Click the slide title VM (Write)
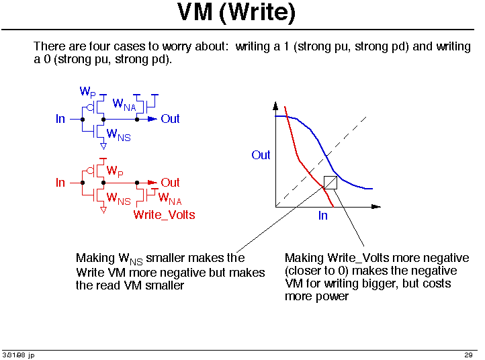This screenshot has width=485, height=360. point(236,12)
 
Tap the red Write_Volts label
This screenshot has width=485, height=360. point(165,215)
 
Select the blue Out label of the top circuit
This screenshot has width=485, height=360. point(170,119)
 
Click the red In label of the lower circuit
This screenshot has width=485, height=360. point(60,183)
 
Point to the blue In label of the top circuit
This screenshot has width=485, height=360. point(60,119)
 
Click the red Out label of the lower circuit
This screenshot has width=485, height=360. point(170,183)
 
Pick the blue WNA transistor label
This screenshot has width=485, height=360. point(124,105)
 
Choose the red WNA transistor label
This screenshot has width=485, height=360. point(170,198)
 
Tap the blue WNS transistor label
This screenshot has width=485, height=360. point(118,135)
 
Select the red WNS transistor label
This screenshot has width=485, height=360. point(118,199)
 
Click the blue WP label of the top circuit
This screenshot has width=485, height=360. point(88,92)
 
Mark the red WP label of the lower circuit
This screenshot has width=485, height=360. point(115,171)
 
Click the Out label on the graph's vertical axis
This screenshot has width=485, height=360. point(261,155)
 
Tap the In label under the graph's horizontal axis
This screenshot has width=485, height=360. point(323,216)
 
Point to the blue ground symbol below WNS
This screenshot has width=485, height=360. point(103,146)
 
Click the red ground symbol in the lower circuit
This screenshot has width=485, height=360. point(103,210)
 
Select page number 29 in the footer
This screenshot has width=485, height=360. point(468,355)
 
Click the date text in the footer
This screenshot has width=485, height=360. point(19,355)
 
